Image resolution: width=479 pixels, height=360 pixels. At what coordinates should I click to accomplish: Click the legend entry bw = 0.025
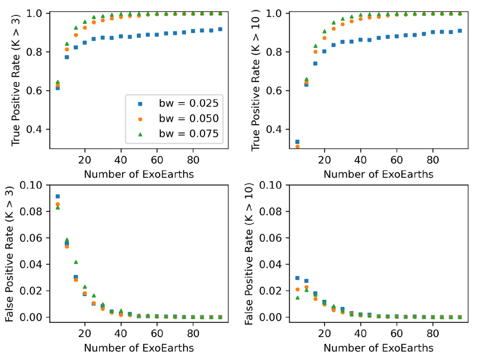click(x=188, y=104)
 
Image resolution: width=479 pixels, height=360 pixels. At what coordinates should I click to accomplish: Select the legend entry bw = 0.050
click(x=188, y=119)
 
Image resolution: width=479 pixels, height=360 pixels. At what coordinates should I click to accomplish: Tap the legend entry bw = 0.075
click(x=188, y=134)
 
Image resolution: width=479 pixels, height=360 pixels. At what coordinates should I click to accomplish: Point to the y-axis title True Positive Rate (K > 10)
click(x=256, y=79)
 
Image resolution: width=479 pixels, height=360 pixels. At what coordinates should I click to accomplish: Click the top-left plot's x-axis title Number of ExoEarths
click(x=139, y=174)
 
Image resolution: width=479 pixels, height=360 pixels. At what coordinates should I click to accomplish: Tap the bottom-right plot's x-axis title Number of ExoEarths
click(x=378, y=348)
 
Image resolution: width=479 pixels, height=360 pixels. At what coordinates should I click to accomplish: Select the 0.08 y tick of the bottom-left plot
click(x=36, y=212)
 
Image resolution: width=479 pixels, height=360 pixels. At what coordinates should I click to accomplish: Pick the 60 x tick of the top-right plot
click(x=397, y=161)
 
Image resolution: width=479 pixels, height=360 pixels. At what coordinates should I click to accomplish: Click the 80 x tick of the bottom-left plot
click(x=193, y=334)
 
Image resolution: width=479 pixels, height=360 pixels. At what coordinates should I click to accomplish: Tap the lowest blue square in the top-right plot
click(x=297, y=142)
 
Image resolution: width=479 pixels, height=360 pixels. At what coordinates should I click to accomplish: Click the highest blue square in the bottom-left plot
click(x=58, y=196)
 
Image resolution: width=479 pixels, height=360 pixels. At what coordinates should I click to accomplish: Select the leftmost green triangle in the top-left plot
click(x=58, y=82)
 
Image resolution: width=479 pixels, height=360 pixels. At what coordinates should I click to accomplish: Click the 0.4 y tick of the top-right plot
click(x=278, y=129)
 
